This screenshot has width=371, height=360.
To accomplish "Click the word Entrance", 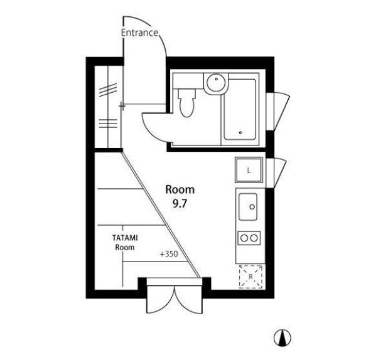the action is (x=139, y=33).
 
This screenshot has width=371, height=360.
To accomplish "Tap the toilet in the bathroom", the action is (x=186, y=102).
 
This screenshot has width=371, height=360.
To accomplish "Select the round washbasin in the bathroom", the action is (x=216, y=83).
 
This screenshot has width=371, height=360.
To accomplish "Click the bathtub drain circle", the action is (x=240, y=132).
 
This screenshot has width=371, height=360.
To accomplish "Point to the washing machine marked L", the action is (x=249, y=170).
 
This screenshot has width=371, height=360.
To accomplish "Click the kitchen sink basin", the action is (x=248, y=207).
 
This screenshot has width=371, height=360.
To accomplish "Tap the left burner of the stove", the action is (x=244, y=238).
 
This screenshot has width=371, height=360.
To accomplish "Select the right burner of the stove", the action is (x=254, y=238).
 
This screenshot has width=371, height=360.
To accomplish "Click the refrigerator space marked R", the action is (x=250, y=277).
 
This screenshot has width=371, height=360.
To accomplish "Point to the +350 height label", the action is (x=169, y=254).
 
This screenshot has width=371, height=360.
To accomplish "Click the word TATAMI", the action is (x=125, y=238).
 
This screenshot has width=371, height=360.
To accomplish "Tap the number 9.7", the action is (x=180, y=204).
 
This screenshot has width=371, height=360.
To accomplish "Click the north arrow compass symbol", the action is (x=282, y=338).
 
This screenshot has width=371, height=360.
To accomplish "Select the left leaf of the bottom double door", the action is (x=161, y=300).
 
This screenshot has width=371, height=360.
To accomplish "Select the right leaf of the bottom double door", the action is (x=188, y=300).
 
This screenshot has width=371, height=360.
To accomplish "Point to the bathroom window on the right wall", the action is (x=277, y=111).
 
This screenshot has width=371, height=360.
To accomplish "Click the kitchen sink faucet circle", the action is (x=252, y=207).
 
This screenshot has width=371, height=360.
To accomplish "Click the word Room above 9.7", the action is (x=180, y=190).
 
